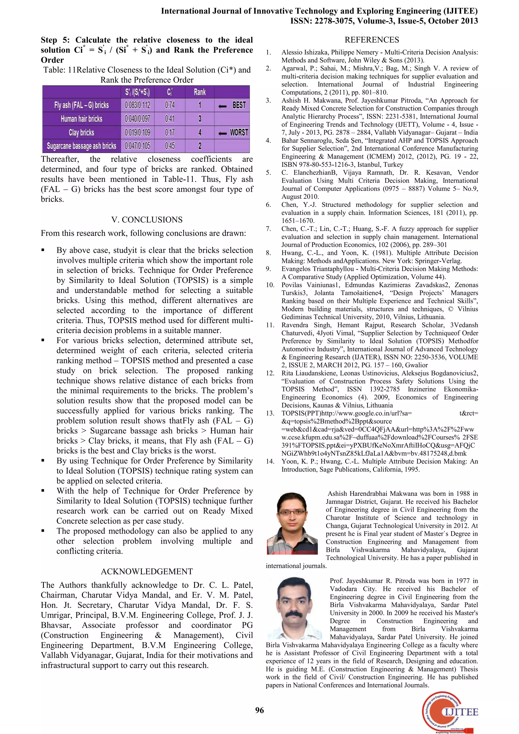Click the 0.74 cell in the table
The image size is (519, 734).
[170, 105]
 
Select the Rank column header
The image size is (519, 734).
[200, 92]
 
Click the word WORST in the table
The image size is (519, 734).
[239, 132]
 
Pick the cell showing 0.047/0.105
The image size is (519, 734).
[137, 146]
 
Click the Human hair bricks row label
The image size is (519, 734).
[82, 119]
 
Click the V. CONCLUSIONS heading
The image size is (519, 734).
[147, 220]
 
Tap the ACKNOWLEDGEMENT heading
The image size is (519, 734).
[147, 571]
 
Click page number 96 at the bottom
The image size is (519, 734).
[259, 710]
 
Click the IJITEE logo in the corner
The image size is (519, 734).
[450, 712]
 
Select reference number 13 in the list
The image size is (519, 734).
[270, 413]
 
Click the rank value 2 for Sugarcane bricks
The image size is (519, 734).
[200, 146]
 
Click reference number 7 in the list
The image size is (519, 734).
[268, 229]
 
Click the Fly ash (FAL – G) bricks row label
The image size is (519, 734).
[82, 105]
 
